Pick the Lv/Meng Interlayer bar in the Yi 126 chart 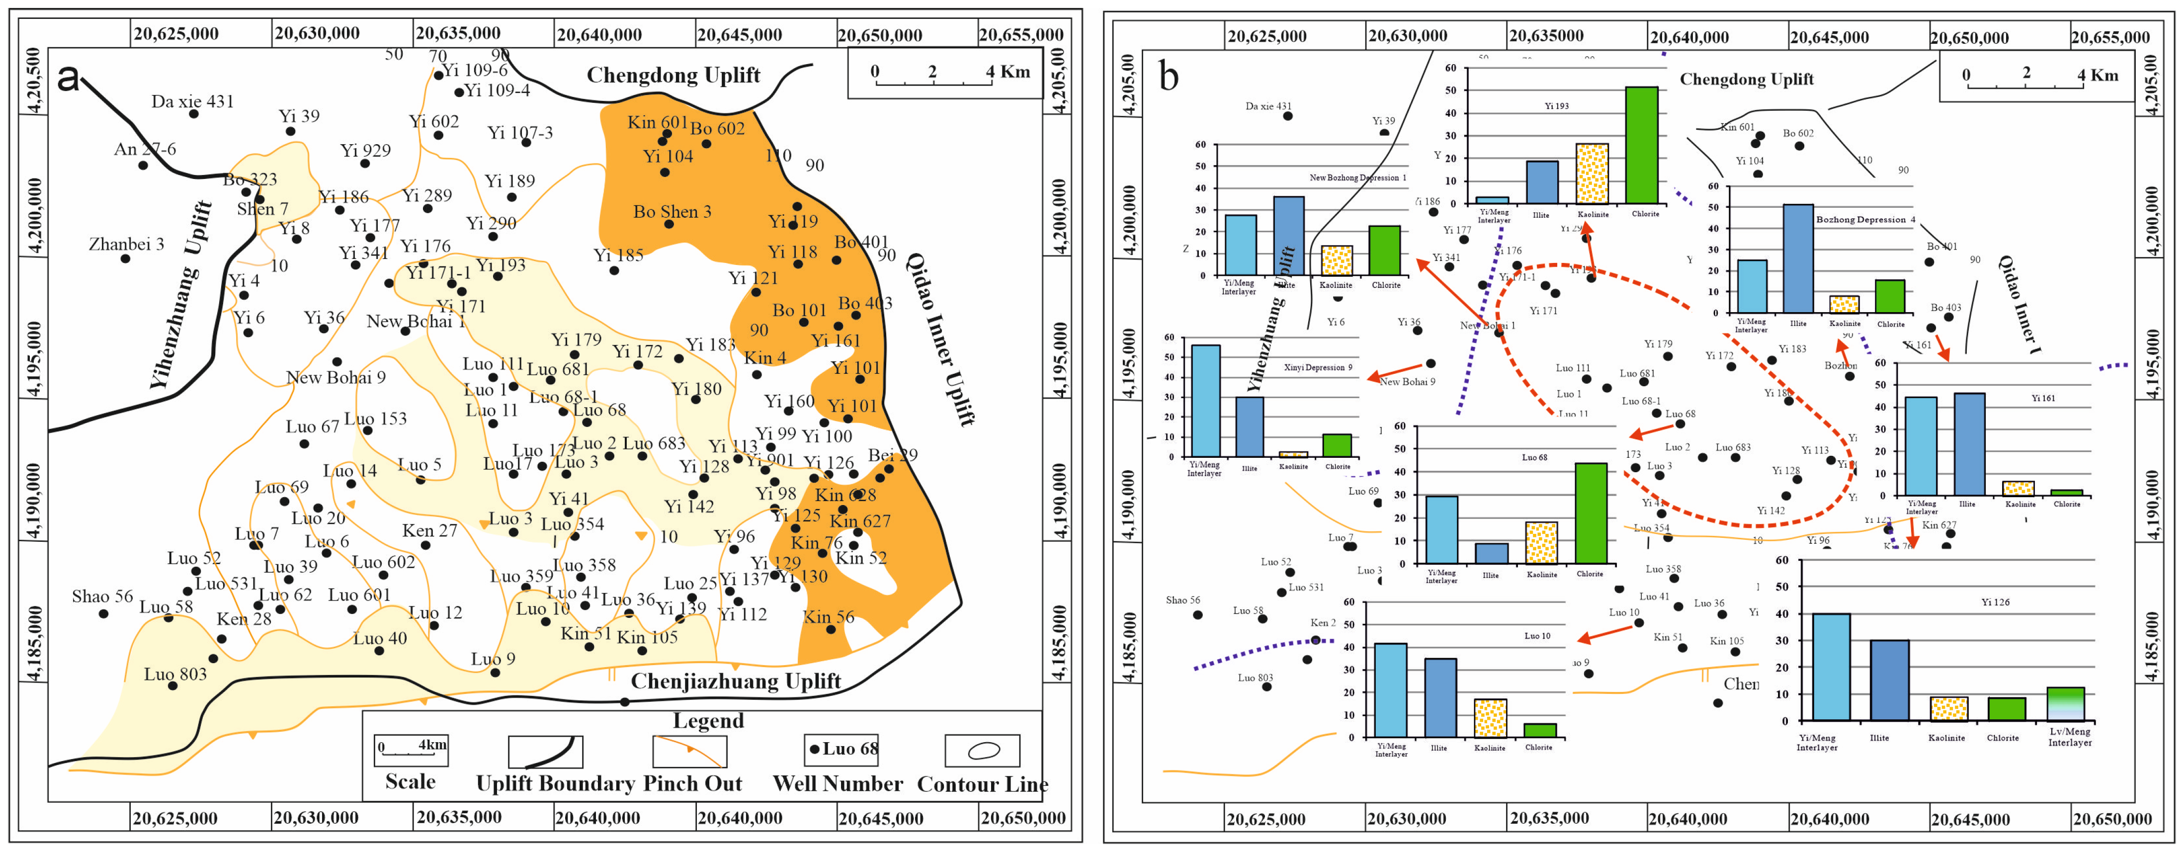(x=2065, y=704)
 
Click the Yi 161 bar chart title (x=2042, y=398)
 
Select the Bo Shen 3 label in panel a (x=672, y=212)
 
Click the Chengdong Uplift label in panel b (x=1747, y=80)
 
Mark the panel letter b (x=1169, y=77)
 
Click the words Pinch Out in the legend (x=693, y=783)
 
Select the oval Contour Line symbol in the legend (x=983, y=751)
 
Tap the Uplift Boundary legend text (x=555, y=783)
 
